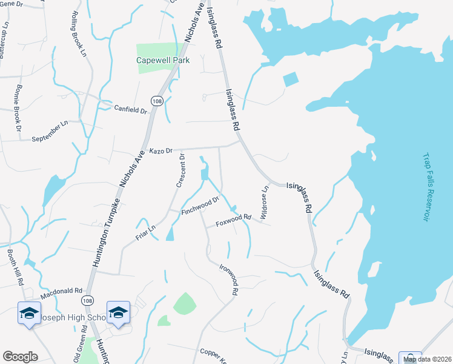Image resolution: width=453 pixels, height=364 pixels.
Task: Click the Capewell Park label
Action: (163, 60)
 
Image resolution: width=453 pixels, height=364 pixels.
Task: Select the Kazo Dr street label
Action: (161, 150)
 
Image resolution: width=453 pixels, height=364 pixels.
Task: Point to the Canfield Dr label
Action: (131, 110)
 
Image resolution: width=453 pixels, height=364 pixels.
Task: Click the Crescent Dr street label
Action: (180, 171)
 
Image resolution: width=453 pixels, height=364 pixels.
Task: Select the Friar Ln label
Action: (145, 231)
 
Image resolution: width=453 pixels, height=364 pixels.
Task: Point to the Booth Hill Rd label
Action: (16, 265)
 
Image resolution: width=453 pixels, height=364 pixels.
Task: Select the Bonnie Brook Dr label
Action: (16, 113)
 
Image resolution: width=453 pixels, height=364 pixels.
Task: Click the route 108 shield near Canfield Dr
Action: (156, 101)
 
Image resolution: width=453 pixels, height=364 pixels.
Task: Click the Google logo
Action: (20, 357)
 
